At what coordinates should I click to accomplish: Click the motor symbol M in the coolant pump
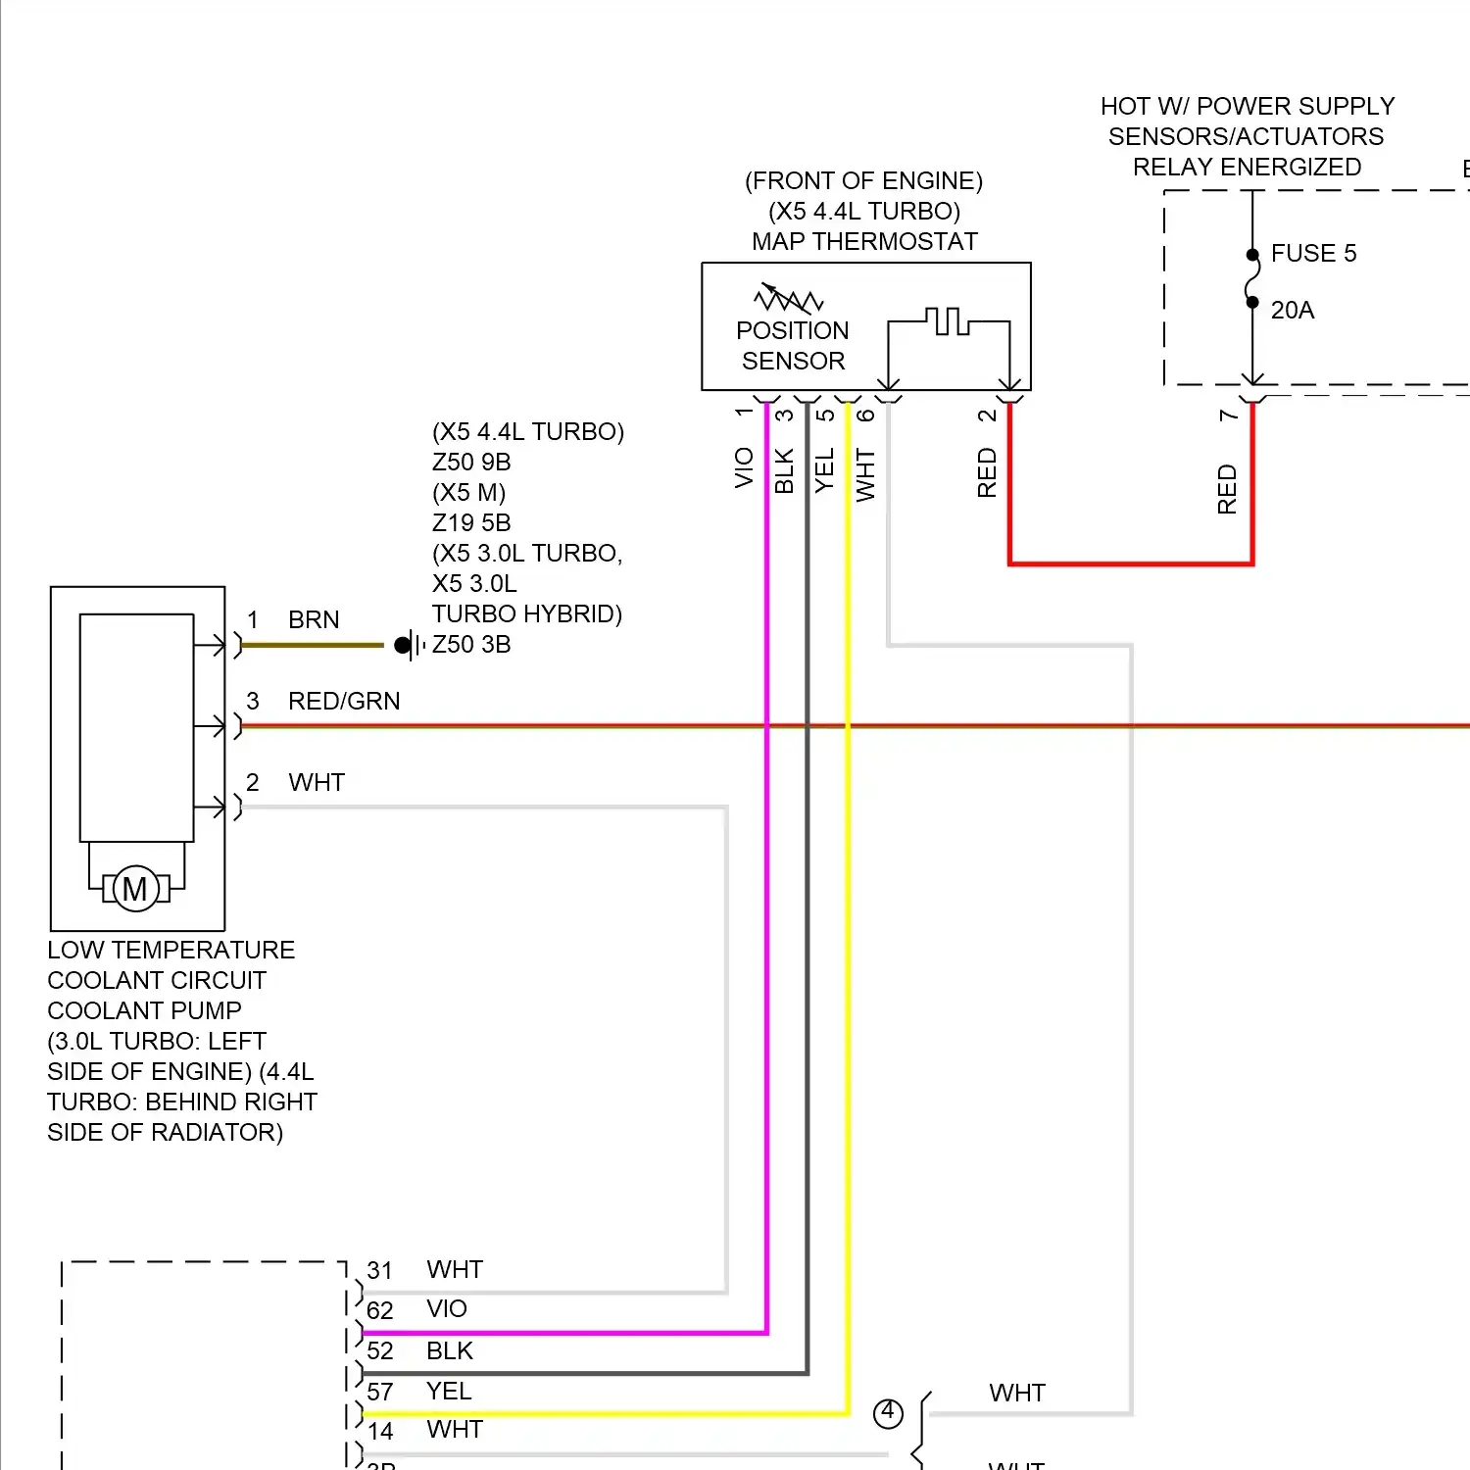135,889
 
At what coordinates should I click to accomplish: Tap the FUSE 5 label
1313,254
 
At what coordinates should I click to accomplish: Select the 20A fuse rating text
1292,311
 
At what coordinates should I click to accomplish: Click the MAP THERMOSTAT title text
864,242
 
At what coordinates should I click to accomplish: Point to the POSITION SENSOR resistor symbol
788,298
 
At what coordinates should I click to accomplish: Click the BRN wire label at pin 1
314,620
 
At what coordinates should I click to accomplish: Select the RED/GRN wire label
344,702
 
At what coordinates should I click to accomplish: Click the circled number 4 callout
888,1413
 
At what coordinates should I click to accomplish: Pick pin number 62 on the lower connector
380,1311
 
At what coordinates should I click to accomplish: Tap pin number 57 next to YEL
380,1393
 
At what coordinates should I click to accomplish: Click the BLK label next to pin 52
450,1351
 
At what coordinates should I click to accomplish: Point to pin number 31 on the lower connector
380,1271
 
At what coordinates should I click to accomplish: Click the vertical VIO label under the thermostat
745,467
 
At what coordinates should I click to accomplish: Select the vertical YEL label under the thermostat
825,470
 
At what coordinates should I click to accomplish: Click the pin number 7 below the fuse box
1228,416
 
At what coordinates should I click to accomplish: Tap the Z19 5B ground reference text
471,523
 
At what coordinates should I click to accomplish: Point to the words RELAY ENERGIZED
1247,168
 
